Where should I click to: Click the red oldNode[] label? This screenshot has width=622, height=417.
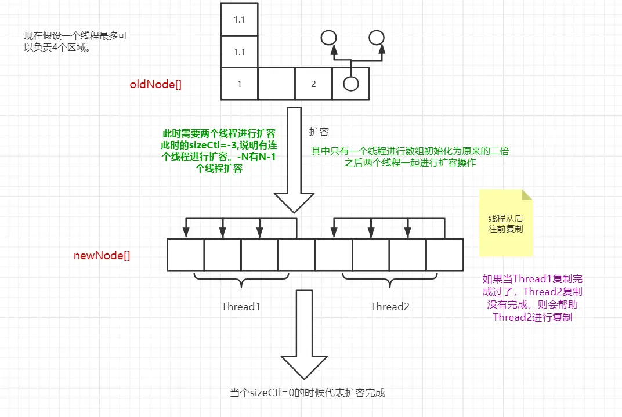click(x=155, y=84)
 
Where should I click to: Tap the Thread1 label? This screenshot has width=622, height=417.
click(x=241, y=306)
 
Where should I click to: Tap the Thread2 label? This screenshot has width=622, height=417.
click(x=390, y=306)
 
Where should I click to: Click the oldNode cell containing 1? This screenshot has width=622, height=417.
click(x=239, y=84)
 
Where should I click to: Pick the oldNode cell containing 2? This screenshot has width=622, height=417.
click(x=313, y=84)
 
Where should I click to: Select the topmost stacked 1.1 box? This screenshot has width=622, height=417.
click(x=239, y=19)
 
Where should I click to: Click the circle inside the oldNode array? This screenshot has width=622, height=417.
click(x=350, y=84)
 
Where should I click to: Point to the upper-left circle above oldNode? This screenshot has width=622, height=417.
click(x=329, y=38)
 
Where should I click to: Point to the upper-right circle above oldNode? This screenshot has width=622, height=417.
click(x=377, y=38)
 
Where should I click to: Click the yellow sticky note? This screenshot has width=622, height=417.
click(x=505, y=223)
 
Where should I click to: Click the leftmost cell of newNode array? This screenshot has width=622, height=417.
click(x=186, y=255)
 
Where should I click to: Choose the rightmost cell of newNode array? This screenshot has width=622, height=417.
click(x=444, y=255)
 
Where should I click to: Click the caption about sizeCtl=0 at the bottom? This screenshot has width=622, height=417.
click(x=308, y=393)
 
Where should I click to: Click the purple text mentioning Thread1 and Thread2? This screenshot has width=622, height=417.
click(x=533, y=298)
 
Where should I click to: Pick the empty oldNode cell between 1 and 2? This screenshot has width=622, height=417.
click(x=276, y=84)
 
